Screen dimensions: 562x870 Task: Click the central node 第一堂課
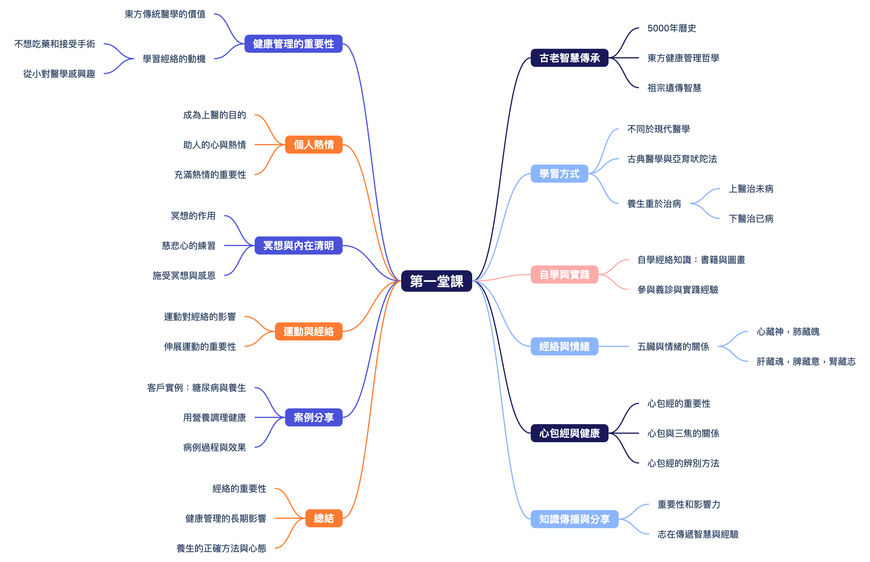[x=436, y=281]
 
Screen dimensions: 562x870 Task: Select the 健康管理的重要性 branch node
[x=293, y=44]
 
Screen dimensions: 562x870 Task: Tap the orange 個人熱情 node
[x=314, y=145]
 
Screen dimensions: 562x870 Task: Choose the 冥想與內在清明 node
[x=298, y=246]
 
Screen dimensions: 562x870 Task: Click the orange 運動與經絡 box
[x=309, y=331]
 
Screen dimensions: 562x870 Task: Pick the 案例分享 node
[x=314, y=417]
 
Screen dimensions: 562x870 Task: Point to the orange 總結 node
[x=324, y=518]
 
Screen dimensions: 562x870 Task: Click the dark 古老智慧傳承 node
[x=569, y=58]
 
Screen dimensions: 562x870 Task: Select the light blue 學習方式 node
[x=559, y=174]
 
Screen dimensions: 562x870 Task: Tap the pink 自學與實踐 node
[x=564, y=275]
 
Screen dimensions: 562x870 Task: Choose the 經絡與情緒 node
[x=564, y=347]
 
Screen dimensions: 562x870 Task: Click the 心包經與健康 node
[x=569, y=433]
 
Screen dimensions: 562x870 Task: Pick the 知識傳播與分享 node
[x=574, y=519]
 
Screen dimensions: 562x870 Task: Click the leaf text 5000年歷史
[x=672, y=28]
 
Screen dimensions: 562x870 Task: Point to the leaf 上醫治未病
[x=751, y=189]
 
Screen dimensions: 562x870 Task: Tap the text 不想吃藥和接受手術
[x=55, y=44]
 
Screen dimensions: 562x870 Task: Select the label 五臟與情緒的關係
[x=673, y=347]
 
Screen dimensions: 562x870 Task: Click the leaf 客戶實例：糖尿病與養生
[x=197, y=388]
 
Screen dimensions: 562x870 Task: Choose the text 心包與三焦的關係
[x=683, y=433]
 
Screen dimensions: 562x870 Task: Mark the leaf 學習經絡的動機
[x=174, y=58]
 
